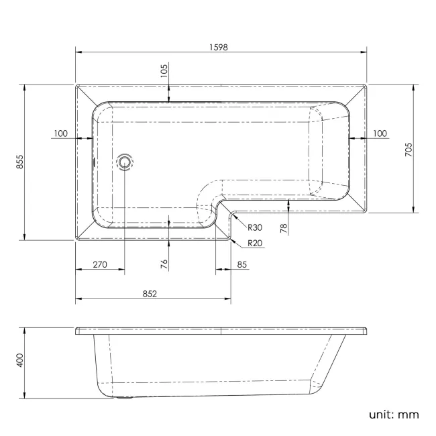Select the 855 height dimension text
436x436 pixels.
[x=20, y=162]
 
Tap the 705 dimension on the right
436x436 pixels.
[x=409, y=149]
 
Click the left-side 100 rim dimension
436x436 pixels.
[x=60, y=133]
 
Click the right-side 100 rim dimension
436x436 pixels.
[x=379, y=133]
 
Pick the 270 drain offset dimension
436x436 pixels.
[x=99, y=264]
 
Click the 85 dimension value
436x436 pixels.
[x=242, y=264]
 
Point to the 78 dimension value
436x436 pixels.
[x=284, y=229]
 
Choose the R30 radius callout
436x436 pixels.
[x=254, y=228]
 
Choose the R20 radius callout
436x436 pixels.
[x=254, y=243]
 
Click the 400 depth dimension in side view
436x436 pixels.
[x=20, y=361]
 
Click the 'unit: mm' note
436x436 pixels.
[x=393, y=414]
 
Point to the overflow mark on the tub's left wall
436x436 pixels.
[x=93, y=162]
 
